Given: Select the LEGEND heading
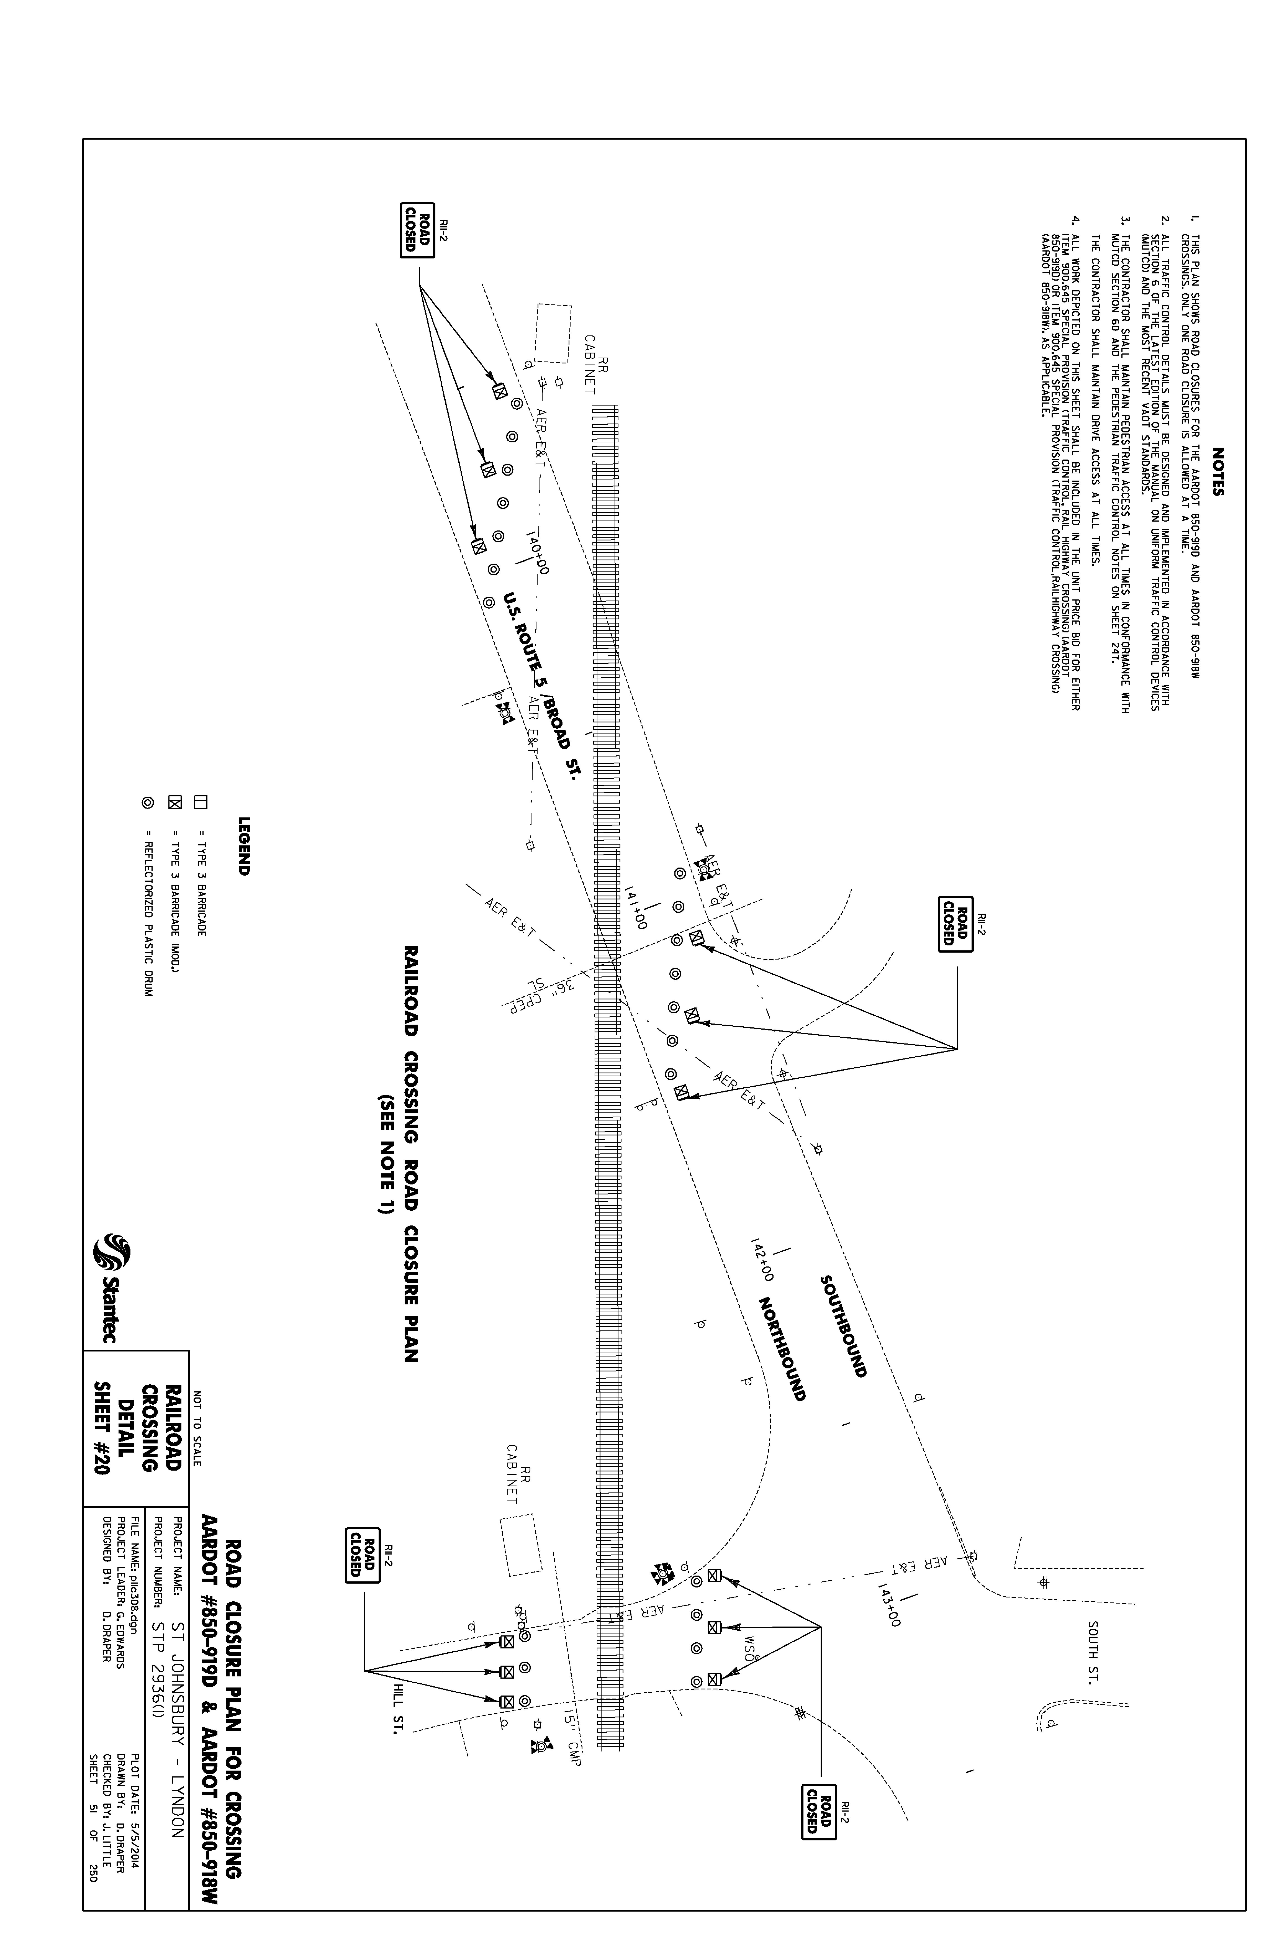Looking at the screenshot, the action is [x=243, y=846].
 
